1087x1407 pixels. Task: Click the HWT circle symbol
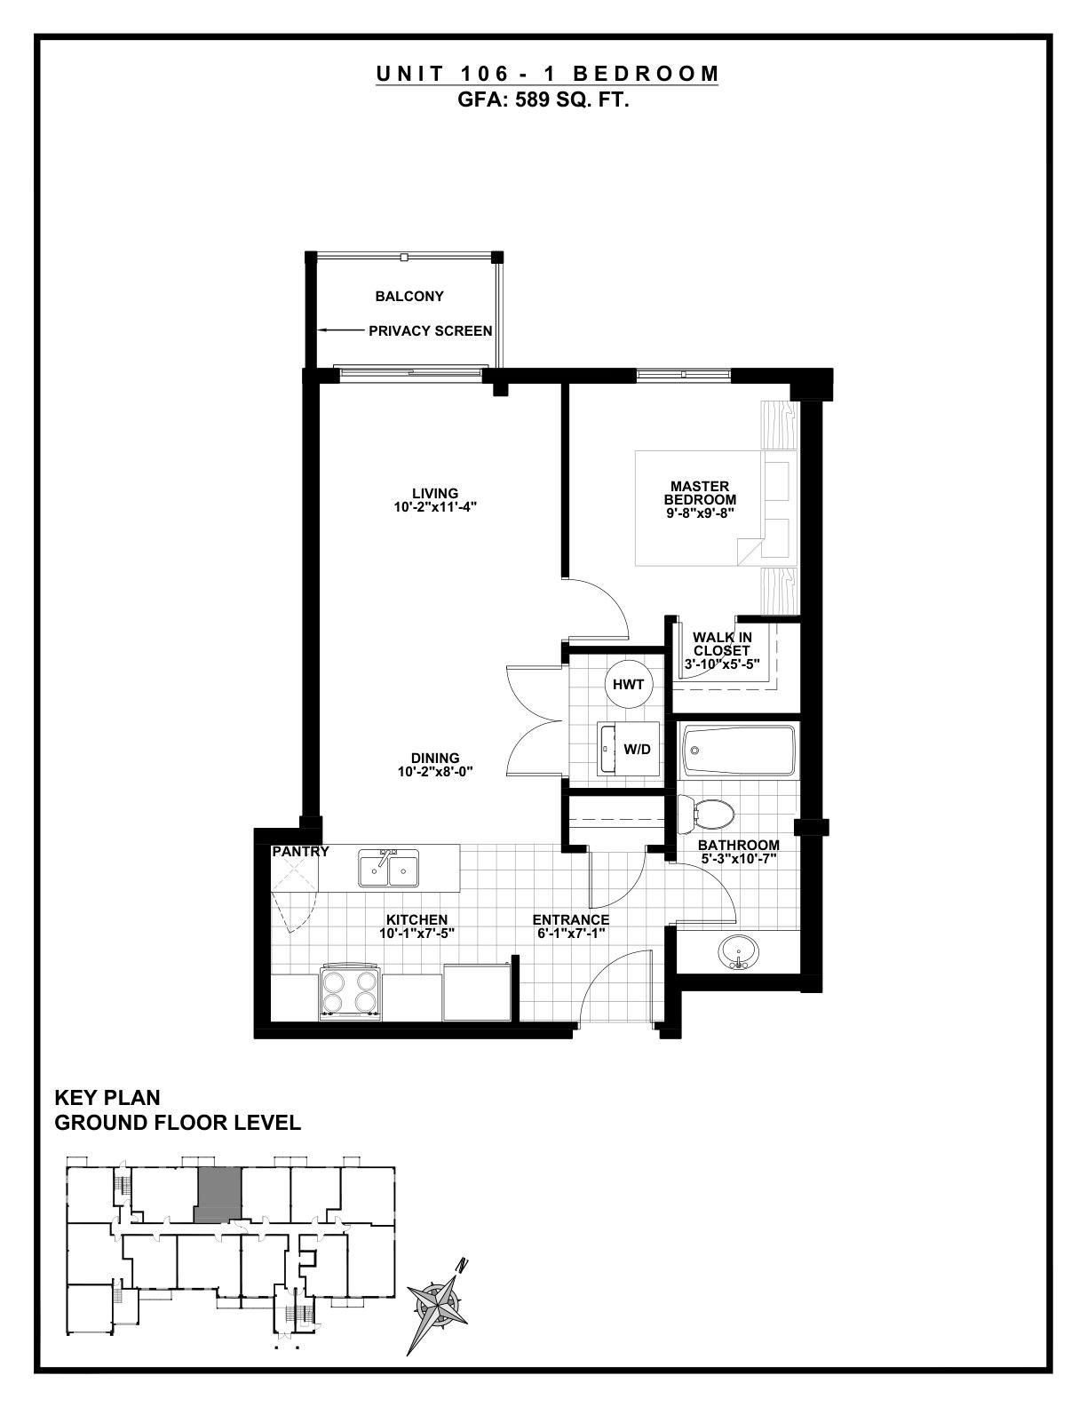pyautogui.click(x=628, y=684)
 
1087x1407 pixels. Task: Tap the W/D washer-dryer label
pyautogui.click(x=637, y=749)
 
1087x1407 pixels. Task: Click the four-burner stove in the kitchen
pyautogui.click(x=350, y=994)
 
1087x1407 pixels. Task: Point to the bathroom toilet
pyautogui.click(x=706, y=814)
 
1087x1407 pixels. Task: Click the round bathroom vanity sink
pyautogui.click(x=738, y=952)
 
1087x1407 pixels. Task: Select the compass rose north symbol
pyautogui.click(x=438, y=1303)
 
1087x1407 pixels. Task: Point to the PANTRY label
pyautogui.click(x=300, y=852)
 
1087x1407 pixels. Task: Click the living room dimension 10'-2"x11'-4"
pyautogui.click(x=435, y=507)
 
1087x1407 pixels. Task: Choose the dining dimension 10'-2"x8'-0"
pyautogui.click(x=435, y=772)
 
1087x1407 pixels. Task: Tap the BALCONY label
pyautogui.click(x=409, y=297)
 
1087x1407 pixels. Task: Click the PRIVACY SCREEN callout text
pyautogui.click(x=431, y=330)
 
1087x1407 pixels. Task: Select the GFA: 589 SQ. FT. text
pyautogui.click(x=543, y=100)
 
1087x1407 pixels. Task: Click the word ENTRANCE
pyautogui.click(x=571, y=920)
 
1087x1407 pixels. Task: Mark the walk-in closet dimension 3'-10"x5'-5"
pyautogui.click(x=721, y=664)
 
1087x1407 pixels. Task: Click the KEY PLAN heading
pyautogui.click(x=107, y=1098)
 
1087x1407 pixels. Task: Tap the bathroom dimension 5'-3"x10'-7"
pyautogui.click(x=738, y=859)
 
